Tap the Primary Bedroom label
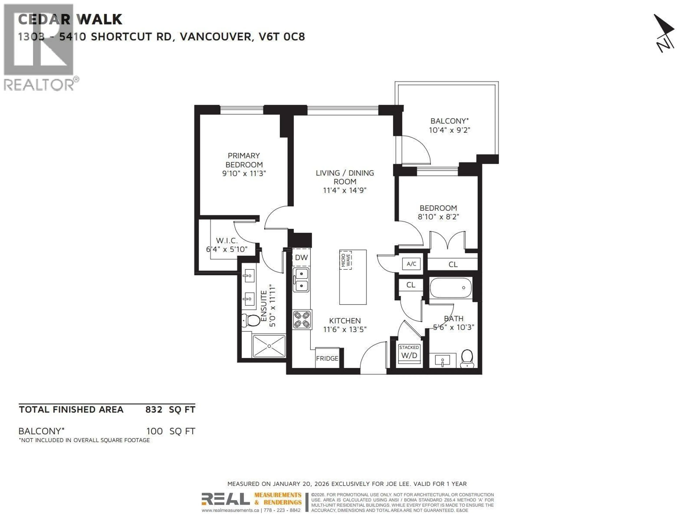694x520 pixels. [x=244, y=160]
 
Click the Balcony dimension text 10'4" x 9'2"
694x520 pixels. [x=449, y=130]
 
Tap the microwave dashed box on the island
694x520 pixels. [x=345, y=260]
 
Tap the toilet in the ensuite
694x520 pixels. [x=251, y=320]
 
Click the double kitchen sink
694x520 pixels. [x=301, y=279]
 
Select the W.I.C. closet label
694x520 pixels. [x=226, y=241]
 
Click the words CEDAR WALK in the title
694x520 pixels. [x=70, y=19]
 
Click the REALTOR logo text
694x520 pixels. [x=39, y=85]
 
